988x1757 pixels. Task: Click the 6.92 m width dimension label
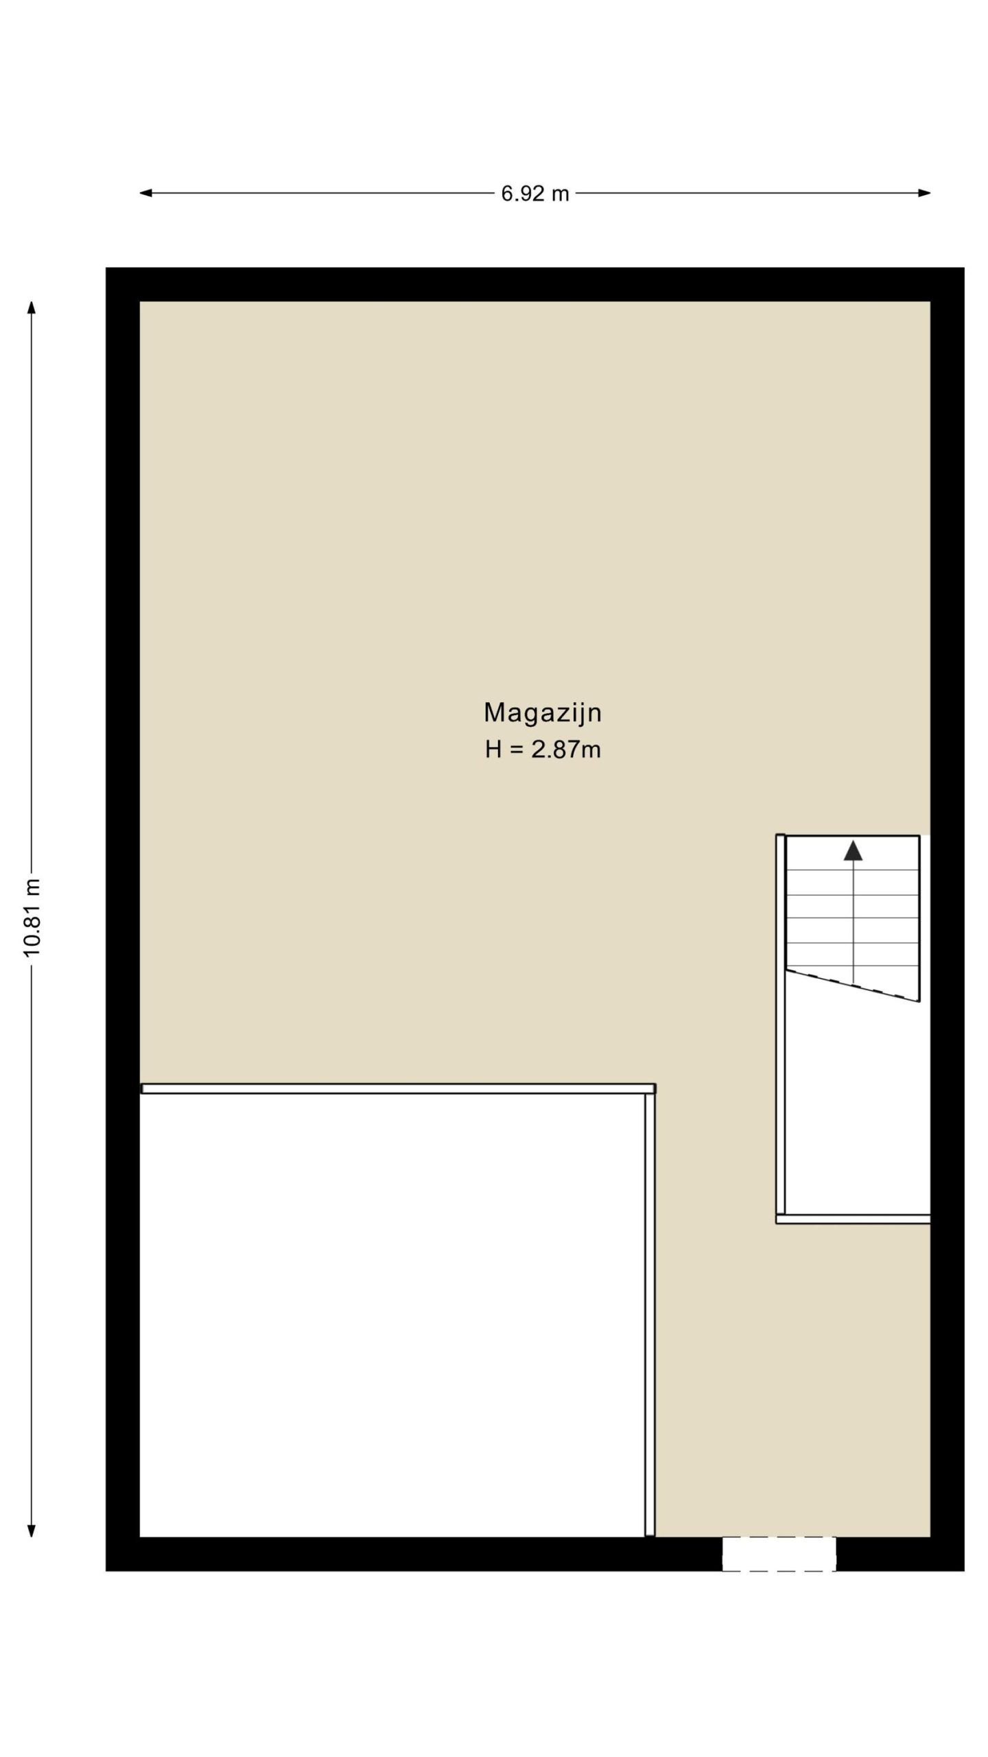534,194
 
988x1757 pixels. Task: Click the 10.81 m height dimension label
32,917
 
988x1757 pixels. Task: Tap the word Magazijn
543,713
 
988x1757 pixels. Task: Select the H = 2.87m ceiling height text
543,749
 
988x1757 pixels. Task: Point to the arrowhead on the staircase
853,850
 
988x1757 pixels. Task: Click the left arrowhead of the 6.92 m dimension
145,193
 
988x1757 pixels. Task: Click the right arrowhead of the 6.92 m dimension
924,193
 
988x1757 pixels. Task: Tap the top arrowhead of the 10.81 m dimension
32,307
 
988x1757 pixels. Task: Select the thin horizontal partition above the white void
398,1089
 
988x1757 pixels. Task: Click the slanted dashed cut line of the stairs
853,986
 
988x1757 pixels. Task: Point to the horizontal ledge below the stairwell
853,1219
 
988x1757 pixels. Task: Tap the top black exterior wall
534,284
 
